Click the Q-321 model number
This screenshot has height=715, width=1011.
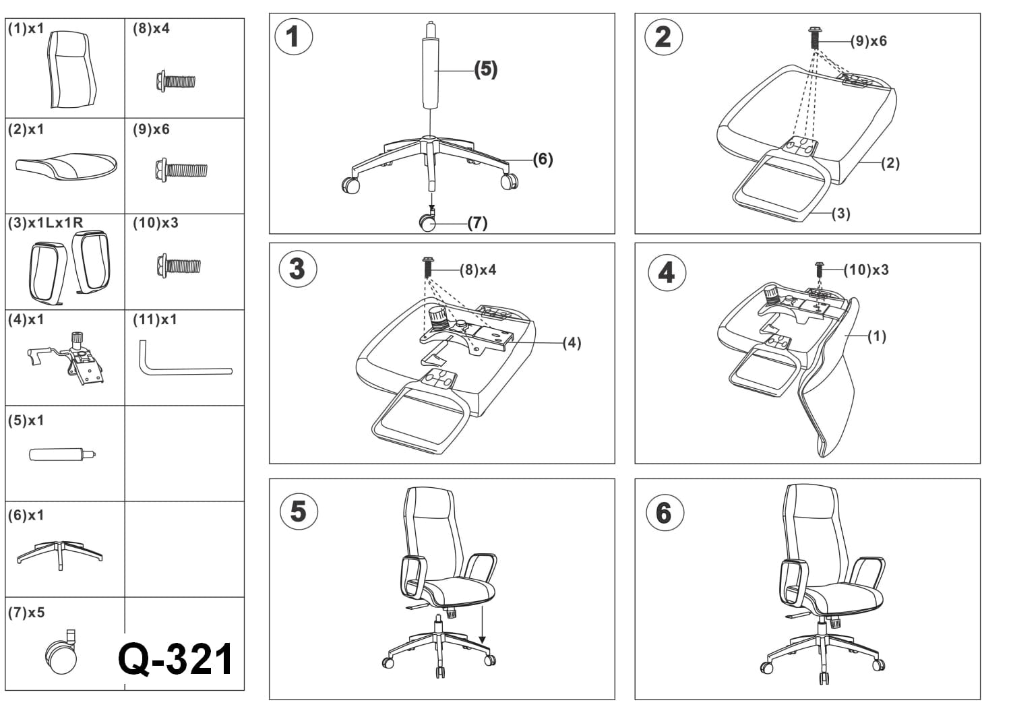(175, 660)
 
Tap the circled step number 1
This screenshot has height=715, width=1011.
(293, 36)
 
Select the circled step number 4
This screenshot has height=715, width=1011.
(667, 273)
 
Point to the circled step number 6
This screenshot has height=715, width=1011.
(665, 513)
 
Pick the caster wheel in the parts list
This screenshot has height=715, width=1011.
(61, 653)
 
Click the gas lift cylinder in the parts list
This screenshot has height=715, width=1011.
(63, 455)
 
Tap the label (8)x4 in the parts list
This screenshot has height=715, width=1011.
(151, 29)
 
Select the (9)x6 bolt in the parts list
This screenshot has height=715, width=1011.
(181, 170)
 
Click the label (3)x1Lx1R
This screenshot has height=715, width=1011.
(46, 222)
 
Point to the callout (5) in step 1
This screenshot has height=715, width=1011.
(486, 69)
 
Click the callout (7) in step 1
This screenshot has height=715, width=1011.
(477, 223)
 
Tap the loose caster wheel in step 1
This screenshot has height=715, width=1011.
(427, 220)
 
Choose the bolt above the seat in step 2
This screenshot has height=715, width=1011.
(814, 38)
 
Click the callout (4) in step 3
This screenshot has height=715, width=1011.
(572, 343)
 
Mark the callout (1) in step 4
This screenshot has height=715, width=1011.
(877, 336)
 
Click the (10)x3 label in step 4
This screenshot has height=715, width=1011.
(867, 270)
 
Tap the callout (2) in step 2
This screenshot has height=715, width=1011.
(890, 163)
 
